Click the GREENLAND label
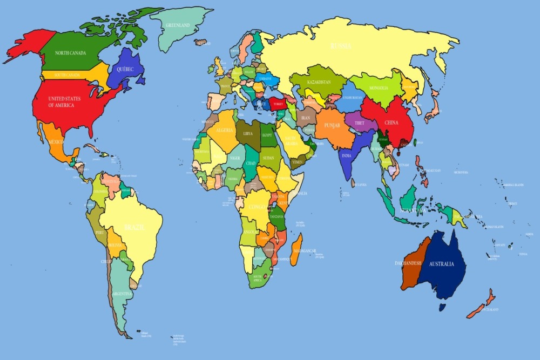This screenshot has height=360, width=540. [x=179, y=25]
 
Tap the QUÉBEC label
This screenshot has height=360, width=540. [x=125, y=69]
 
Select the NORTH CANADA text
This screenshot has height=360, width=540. [x=70, y=53]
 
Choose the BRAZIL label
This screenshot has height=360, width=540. [x=134, y=227]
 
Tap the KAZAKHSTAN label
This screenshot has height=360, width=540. [x=318, y=82]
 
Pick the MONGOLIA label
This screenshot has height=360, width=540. [x=382, y=88]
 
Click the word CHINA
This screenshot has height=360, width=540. [x=391, y=123]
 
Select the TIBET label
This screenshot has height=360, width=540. [x=359, y=123]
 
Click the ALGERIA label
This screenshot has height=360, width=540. [x=224, y=130]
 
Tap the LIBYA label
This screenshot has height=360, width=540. [x=248, y=133]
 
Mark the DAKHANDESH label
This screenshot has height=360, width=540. [x=406, y=263]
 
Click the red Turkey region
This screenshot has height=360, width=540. [x=279, y=104]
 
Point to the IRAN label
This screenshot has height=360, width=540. [x=305, y=117]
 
